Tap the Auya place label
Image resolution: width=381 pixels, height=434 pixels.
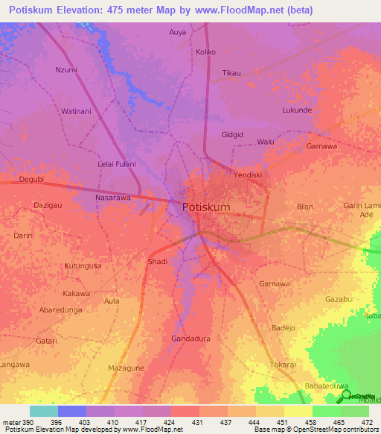tap(178, 32)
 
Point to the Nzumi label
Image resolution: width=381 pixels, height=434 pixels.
tap(66, 70)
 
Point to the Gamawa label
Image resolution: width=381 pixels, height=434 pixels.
tap(321, 147)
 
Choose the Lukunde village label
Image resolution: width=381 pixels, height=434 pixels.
tap(297, 110)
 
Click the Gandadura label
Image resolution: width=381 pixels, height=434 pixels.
tap(190, 339)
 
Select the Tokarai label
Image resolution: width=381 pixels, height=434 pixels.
tap(283, 365)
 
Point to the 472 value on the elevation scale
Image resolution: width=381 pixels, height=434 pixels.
tap(367, 423)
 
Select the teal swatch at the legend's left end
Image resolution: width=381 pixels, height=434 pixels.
tap(43, 411)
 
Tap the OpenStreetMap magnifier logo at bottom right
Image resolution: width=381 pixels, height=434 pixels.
tap(348, 396)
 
